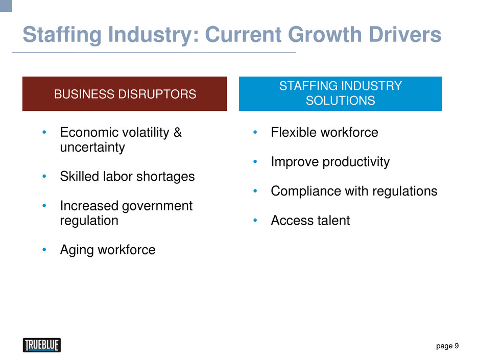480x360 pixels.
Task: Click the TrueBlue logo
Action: click(x=42, y=345)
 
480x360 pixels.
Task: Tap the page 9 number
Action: click(x=447, y=346)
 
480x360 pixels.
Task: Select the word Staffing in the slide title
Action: click(x=62, y=35)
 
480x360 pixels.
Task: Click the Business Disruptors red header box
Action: click(x=125, y=93)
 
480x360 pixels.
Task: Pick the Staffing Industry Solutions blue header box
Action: click(x=341, y=93)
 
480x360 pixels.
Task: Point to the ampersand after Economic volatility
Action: click(x=178, y=133)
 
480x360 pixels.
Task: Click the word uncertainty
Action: click(x=92, y=147)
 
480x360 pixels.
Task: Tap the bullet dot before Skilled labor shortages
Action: click(x=44, y=176)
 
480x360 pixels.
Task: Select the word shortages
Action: click(x=165, y=177)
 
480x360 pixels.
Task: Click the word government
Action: click(x=157, y=206)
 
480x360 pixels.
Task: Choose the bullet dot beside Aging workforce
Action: click(x=44, y=250)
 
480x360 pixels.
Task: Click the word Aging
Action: click(x=77, y=250)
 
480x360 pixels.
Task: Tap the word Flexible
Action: click(x=294, y=132)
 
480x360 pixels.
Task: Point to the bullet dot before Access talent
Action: click(x=255, y=221)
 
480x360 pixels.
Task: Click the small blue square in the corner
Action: click(x=6, y=6)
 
